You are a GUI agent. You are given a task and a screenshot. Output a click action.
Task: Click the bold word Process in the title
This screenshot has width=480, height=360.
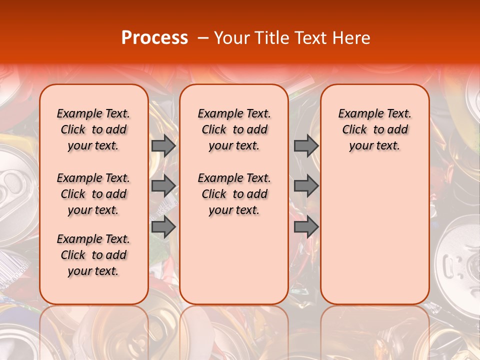154,37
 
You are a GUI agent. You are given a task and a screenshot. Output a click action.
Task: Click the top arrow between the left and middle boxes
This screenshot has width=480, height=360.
163,146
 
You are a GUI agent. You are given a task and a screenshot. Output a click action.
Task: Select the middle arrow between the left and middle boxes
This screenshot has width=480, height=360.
163,186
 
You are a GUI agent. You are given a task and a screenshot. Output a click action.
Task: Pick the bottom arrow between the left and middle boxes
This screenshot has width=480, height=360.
163,227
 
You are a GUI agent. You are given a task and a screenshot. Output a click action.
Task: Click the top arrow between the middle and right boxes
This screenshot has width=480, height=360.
306,146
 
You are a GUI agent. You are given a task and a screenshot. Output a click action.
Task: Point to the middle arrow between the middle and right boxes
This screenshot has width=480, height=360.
306,186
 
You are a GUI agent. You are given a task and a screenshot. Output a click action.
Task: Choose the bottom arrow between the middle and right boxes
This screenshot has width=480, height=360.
306,227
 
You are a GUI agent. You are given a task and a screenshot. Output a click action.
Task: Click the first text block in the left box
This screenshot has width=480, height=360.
93,129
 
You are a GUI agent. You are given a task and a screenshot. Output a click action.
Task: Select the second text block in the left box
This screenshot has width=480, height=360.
93,194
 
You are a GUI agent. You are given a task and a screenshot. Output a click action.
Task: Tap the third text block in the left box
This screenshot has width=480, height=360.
93,255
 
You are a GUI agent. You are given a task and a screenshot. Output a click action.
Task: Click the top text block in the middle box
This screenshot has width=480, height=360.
234,129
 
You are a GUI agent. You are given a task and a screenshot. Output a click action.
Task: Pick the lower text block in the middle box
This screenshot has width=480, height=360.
234,194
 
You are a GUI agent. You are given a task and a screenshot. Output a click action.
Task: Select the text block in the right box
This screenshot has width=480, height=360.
375,129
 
